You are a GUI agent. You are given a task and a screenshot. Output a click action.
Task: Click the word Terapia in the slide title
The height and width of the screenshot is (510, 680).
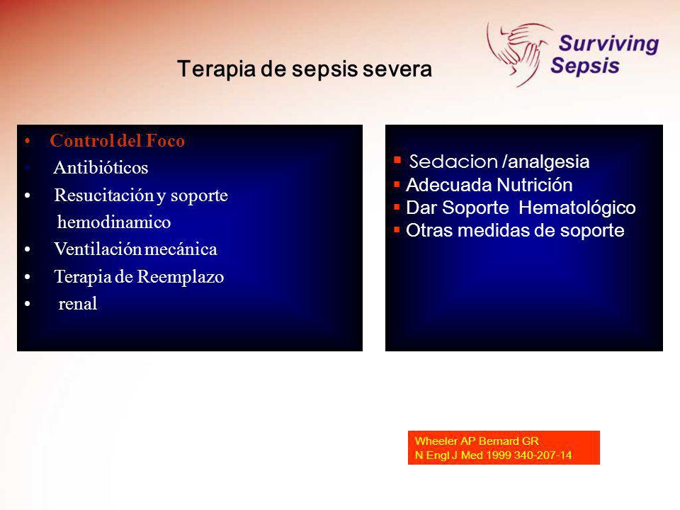pyautogui.click(x=216, y=69)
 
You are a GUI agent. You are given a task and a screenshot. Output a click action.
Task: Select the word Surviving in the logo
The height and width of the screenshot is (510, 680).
pyautogui.click(x=608, y=44)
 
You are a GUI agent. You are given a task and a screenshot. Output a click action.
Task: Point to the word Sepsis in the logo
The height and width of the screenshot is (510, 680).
pyautogui.click(x=584, y=66)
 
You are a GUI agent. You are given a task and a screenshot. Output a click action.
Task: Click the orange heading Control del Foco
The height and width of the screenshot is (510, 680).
pyautogui.click(x=117, y=140)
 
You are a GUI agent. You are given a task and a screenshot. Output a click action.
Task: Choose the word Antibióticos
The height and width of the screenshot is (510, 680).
pyautogui.click(x=101, y=167)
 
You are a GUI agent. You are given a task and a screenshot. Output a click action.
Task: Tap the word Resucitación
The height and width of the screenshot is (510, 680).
pyautogui.click(x=103, y=195)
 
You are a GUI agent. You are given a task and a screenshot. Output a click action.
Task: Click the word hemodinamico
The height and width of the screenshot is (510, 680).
pyautogui.click(x=114, y=222)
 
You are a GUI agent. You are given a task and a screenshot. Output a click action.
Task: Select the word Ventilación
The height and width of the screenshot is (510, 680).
pyautogui.click(x=98, y=249)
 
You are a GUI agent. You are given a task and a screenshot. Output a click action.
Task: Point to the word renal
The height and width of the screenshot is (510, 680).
pyautogui.click(x=78, y=304)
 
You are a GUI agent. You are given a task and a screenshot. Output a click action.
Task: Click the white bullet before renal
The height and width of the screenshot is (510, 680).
pyautogui.click(x=28, y=304)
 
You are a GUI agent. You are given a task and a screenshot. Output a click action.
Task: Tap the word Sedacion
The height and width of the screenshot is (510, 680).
pyautogui.click(x=453, y=161)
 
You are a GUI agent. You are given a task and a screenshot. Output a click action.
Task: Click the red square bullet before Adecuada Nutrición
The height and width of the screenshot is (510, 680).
pyautogui.click(x=397, y=184)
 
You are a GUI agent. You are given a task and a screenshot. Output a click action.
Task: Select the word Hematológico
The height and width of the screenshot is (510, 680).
pyautogui.click(x=577, y=208)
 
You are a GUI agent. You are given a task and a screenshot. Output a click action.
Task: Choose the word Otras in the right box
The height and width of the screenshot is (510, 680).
pyautogui.click(x=429, y=230)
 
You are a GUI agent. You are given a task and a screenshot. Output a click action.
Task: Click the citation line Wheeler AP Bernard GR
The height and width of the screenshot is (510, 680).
pyautogui.click(x=477, y=441)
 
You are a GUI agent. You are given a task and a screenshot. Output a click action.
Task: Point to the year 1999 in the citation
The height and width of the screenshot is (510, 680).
pyautogui.click(x=499, y=455)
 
